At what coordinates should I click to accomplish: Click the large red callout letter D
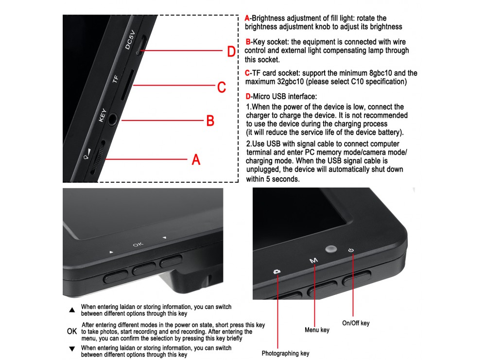pyautogui.click(x=231, y=51)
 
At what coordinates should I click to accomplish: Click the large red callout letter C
pyautogui.click(x=221, y=87)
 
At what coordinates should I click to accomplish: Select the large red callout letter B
pyautogui.click(x=210, y=120)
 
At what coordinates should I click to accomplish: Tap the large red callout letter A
pyautogui.click(x=196, y=159)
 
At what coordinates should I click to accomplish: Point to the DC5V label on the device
pyautogui.click(x=130, y=40)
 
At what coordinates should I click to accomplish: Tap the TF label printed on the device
pyautogui.click(x=115, y=79)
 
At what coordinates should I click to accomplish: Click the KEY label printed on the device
pyautogui.click(x=102, y=115)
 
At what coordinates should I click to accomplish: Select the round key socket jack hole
pyautogui.click(x=113, y=119)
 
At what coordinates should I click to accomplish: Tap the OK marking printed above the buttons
pyautogui.click(x=138, y=244)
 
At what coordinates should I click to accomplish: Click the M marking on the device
pyautogui.click(x=313, y=260)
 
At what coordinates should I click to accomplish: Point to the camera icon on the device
pyautogui.click(x=277, y=272)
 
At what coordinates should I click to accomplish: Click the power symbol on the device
pyautogui.click(x=351, y=250)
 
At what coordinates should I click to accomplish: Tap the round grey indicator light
pyautogui.click(x=331, y=249)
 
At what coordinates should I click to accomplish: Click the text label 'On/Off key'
pyautogui.click(x=356, y=323)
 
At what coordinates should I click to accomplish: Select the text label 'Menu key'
pyautogui.click(x=317, y=330)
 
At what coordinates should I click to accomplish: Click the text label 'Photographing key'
pyautogui.click(x=285, y=353)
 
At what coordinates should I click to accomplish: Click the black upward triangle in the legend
pyautogui.click(x=72, y=310)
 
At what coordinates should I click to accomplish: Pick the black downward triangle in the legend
pyautogui.click(x=72, y=349)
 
